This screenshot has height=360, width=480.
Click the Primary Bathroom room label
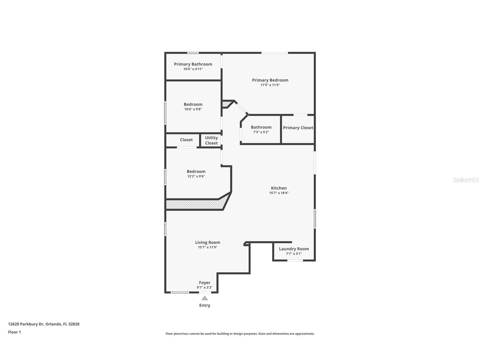point(193,64)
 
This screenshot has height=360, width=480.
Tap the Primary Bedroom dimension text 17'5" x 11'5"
point(270,85)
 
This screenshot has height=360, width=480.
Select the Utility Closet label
point(211,140)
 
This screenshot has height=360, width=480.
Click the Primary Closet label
point(298,128)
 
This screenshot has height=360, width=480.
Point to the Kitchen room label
point(279,188)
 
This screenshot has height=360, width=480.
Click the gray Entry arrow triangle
point(205,298)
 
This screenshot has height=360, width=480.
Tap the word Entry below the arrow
point(205,305)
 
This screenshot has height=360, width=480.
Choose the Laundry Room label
point(294,249)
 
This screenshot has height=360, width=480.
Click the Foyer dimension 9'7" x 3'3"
point(205,288)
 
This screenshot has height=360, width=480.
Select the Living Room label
point(207,242)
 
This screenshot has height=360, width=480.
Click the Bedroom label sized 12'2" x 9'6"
point(196,172)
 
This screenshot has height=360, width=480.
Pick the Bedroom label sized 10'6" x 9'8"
point(193,104)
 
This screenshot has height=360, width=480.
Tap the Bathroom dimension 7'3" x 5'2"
point(261,132)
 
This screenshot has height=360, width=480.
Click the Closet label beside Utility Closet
point(186,140)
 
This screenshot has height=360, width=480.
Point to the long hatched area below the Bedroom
point(195,205)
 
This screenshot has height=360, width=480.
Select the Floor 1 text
point(14,332)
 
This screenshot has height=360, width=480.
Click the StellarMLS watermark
point(466,180)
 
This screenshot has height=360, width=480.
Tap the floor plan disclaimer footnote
point(240,334)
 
